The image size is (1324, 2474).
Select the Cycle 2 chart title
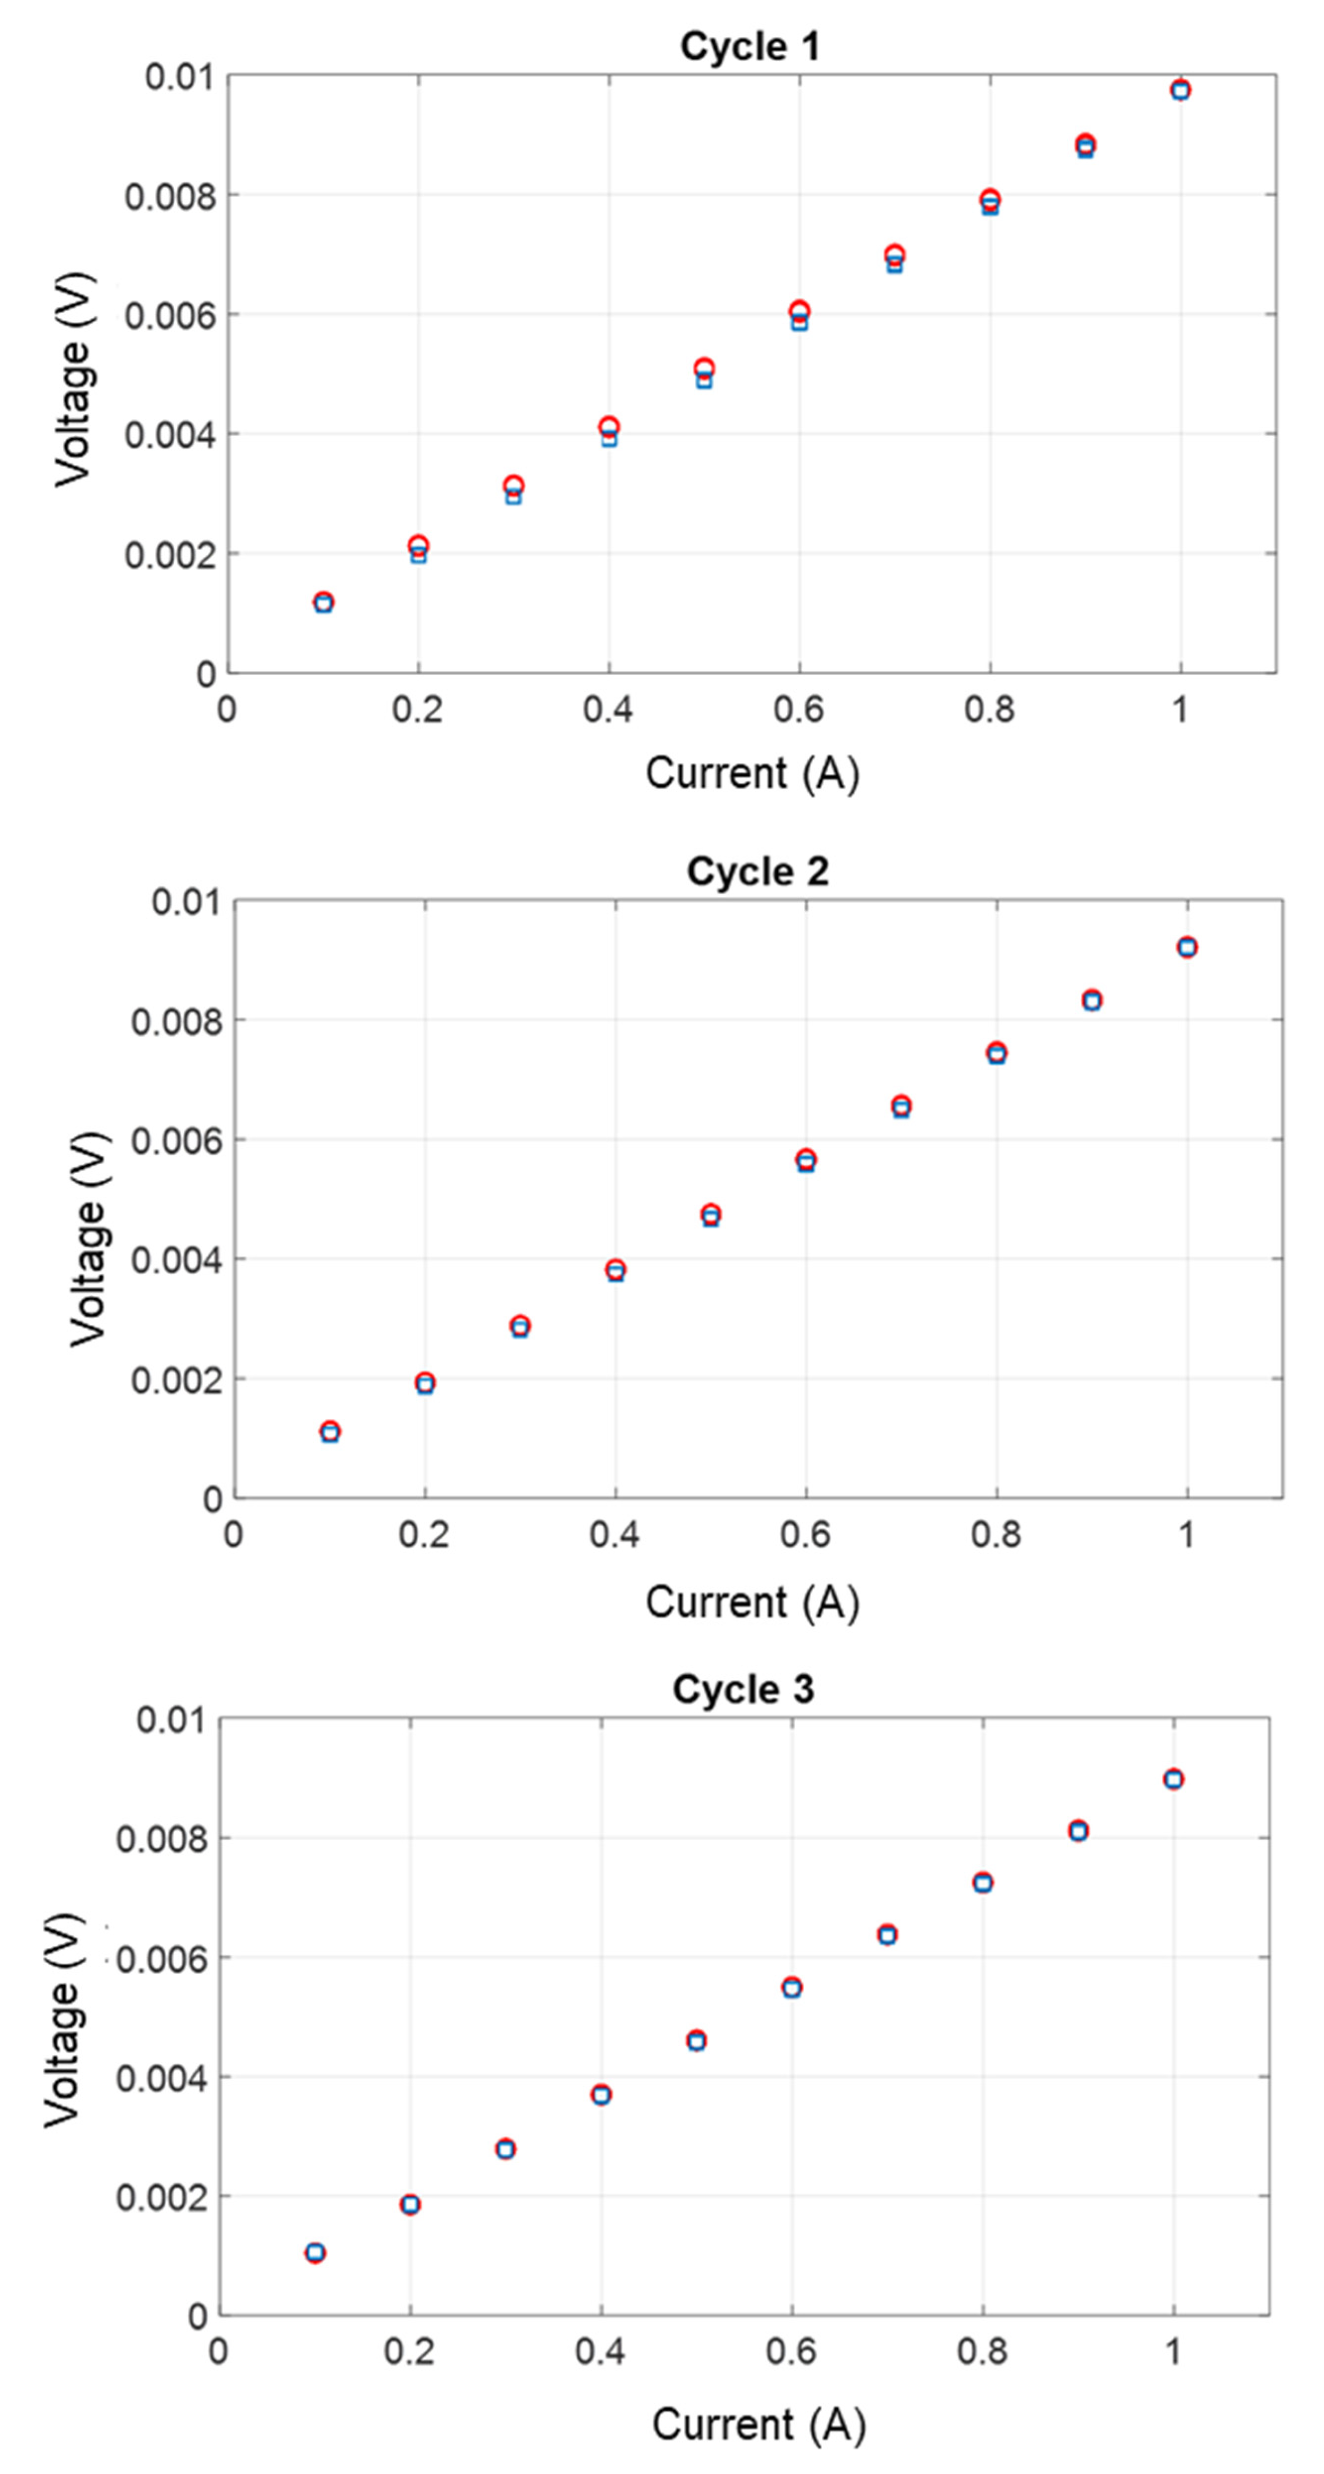click(x=757, y=871)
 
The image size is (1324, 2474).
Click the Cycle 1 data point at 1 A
click(x=1180, y=90)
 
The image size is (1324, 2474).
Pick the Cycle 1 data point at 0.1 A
click(x=324, y=602)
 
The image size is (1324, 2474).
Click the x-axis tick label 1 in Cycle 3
click(x=1172, y=2351)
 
